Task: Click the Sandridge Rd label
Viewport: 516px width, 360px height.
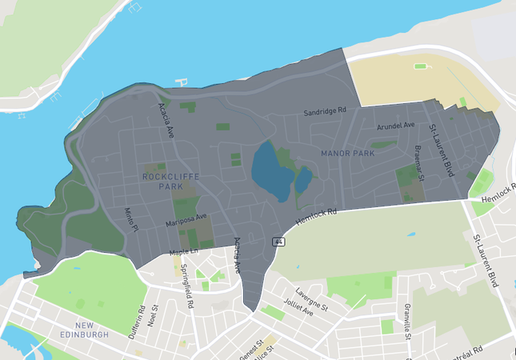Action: tap(324, 112)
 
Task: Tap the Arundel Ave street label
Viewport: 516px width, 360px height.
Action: tap(395, 125)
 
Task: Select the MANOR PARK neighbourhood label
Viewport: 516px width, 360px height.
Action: tap(347, 152)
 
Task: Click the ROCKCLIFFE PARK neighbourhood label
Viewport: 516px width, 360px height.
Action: tap(165, 181)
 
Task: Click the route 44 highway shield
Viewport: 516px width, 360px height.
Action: tap(278, 242)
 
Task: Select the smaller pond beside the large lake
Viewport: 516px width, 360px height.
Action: tap(304, 179)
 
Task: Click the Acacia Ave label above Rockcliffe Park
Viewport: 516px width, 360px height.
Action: tap(166, 119)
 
